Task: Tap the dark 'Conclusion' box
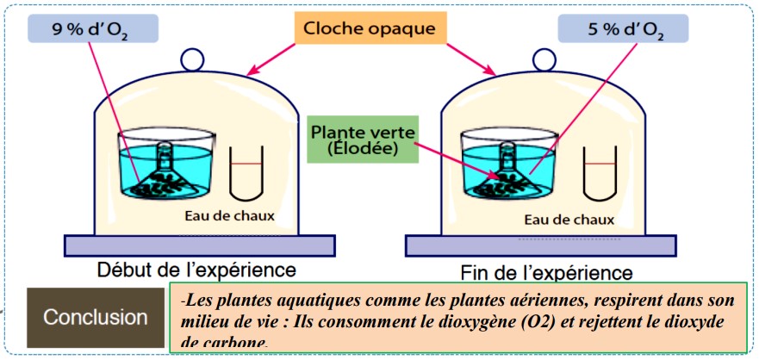95,317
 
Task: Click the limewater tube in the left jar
247,171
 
